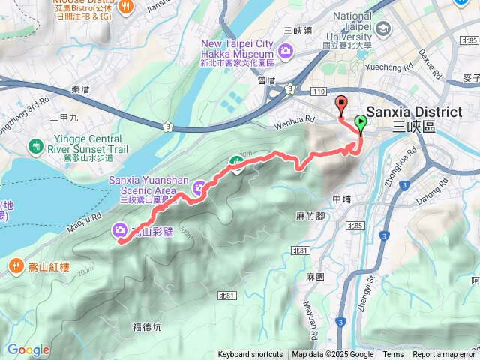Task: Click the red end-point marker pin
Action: point(342,105)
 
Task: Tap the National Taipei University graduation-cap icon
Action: point(385,29)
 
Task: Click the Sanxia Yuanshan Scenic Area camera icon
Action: point(199,187)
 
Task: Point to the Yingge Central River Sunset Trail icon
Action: point(34,145)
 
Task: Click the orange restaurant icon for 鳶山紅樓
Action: point(16,265)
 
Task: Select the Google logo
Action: point(28,350)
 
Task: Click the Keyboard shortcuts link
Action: point(250,355)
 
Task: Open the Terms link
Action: point(393,355)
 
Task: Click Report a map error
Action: point(444,355)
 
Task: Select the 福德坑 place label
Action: point(146,326)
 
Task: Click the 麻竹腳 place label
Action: point(310,216)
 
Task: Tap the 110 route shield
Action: point(318,91)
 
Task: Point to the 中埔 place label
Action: point(341,199)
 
